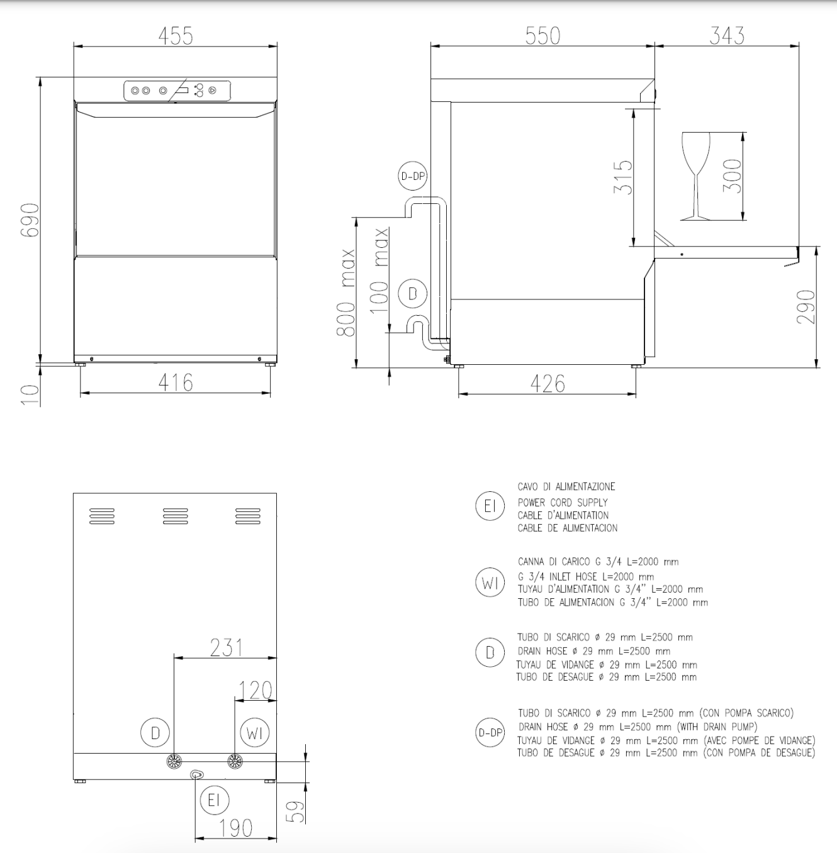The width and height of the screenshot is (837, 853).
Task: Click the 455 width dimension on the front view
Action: tap(176, 35)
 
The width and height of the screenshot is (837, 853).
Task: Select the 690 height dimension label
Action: tap(30, 220)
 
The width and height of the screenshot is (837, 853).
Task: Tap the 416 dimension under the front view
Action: tap(176, 382)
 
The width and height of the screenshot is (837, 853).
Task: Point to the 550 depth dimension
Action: tap(542, 35)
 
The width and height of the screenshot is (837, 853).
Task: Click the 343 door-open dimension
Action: tap(727, 35)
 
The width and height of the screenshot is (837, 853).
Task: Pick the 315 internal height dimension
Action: tap(622, 177)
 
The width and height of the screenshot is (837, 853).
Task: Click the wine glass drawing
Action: tap(695, 176)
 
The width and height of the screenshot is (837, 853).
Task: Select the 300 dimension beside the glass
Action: tap(732, 176)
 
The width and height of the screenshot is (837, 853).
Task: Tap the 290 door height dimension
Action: tap(806, 307)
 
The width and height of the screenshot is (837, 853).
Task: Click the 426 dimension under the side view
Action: tap(548, 384)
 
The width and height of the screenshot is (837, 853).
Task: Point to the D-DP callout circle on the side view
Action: tap(413, 176)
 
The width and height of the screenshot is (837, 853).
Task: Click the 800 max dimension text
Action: tap(346, 293)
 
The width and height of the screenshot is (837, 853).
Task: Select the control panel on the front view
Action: tap(177, 91)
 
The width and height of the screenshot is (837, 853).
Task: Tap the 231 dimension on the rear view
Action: tap(225, 647)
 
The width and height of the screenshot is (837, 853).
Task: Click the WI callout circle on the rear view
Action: tap(255, 733)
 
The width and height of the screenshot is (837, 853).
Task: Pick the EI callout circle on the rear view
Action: tap(214, 800)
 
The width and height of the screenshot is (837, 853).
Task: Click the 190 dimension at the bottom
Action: tap(236, 828)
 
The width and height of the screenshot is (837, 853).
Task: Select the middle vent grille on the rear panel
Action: tap(175, 516)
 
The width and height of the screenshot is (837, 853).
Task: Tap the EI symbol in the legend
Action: tap(490, 506)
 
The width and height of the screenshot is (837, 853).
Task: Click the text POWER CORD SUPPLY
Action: tap(563, 503)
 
